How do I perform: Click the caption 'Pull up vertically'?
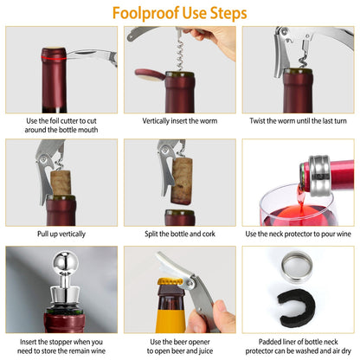coord(61,234)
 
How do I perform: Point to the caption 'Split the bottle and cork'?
coord(180,234)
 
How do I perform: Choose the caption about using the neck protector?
coord(298,234)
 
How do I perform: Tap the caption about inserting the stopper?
coord(61,348)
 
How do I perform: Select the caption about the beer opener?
coord(180,348)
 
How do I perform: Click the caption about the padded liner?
coord(298,348)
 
